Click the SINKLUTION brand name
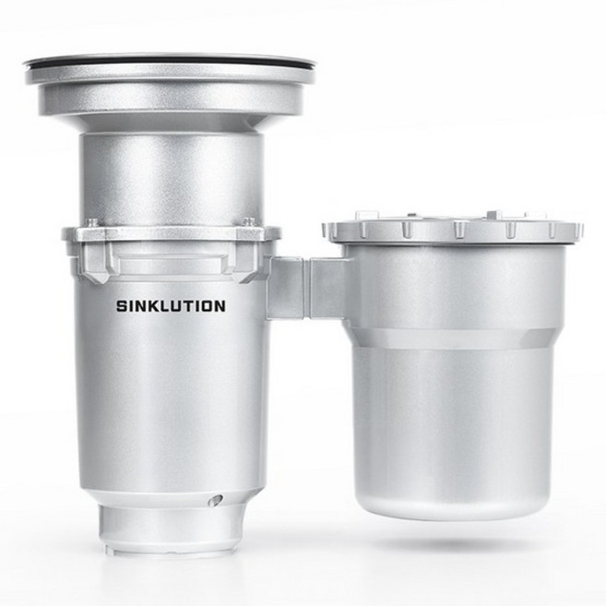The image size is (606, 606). click(171, 306)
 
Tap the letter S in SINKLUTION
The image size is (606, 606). click(122, 306)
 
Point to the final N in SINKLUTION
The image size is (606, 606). click(220, 306)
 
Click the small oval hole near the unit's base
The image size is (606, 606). click(215, 501)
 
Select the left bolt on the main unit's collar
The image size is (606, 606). click(92, 222)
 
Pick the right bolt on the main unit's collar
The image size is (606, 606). click(249, 222)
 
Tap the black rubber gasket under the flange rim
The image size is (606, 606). click(170, 62)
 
